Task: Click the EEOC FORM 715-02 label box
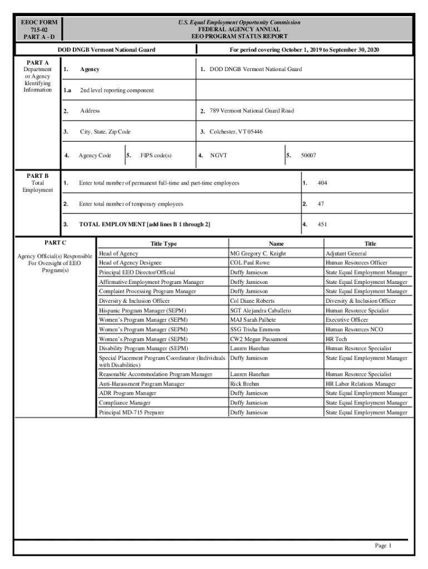tap(39, 29)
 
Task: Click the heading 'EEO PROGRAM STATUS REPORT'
tap(239, 37)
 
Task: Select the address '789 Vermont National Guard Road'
tap(252, 111)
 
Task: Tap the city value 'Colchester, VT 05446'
tap(236, 132)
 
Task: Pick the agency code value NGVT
tap(218, 156)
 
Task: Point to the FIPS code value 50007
tap(308, 156)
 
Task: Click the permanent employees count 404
tap(322, 183)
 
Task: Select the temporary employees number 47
tap(321, 204)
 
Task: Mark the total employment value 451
tap(322, 224)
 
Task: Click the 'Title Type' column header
tap(163, 244)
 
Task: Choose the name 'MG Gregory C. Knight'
tap(258, 253)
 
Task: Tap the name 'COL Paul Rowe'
tap(250, 263)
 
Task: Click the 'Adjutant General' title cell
tap(346, 253)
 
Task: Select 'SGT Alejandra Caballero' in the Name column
tap(261, 311)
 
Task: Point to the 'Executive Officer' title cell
tap(347, 320)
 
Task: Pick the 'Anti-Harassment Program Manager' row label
tap(142, 384)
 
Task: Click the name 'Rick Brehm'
tap(245, 384)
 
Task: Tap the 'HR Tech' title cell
tap(336, 339)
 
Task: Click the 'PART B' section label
tap(38, 176)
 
